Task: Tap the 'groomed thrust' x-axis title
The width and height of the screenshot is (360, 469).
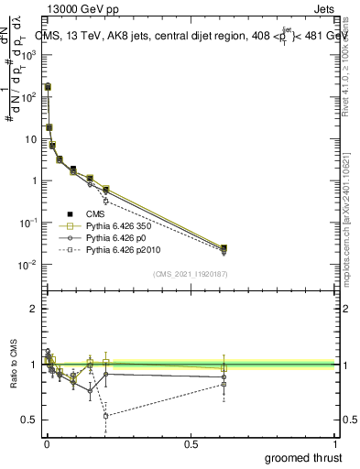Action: [x=304, y=457]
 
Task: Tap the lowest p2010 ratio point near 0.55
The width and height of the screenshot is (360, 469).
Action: [x=106, y=416]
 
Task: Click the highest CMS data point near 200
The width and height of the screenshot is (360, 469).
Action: [x=48, y=86]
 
